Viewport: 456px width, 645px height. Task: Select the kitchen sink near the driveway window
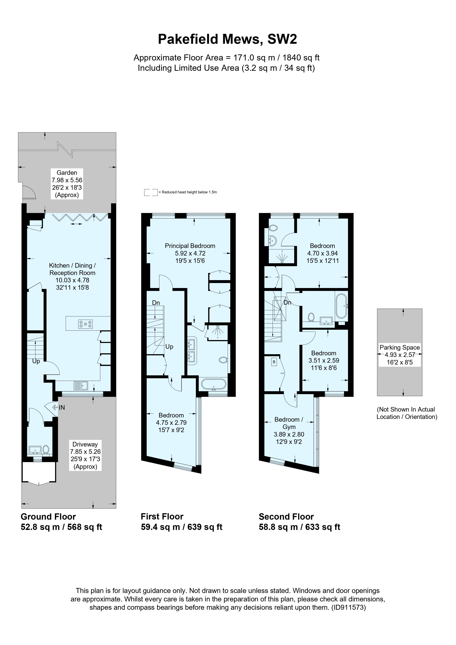tap(81, 385)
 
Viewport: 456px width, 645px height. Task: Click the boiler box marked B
tap(274, 362)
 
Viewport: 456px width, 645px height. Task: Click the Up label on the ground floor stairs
tap(36, 361)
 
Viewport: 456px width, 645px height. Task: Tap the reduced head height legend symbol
tap(151, 192)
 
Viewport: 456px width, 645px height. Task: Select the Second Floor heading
tap(286, 517)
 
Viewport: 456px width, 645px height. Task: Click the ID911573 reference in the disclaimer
tap(349, 607)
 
